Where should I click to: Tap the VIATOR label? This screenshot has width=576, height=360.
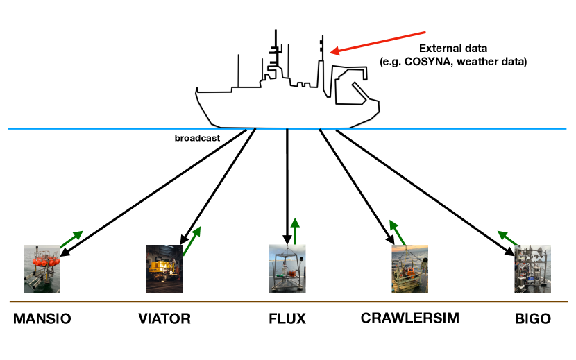(x=164, y=319)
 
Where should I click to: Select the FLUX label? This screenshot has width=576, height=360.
(x=287, y=319)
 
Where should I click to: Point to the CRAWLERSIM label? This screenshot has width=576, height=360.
(x=409, y=318)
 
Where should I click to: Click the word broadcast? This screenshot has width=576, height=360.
(x=197, y=138)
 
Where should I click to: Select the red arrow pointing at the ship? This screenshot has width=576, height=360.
(x=378, y=42)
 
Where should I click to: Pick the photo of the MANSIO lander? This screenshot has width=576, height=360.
(x=42, y=268)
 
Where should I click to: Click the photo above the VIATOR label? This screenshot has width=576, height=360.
(x=164, y=268)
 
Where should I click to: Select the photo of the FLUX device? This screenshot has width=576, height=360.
(x=287, y=268)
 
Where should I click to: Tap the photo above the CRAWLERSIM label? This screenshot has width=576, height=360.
(x=409, y=268)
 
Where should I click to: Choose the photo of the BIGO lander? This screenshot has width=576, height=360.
(x=532, y=268)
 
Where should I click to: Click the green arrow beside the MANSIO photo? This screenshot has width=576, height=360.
(x=71, y=239)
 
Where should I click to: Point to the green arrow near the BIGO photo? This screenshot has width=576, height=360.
(x=509, y=239)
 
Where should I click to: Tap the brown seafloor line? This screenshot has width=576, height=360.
(x=288, y=302)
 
